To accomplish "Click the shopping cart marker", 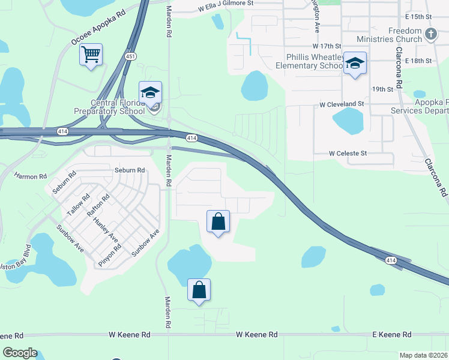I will tap(91, 55).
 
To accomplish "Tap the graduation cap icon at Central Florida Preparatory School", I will tap(150, 93).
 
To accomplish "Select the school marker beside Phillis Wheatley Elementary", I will tap(355, 63).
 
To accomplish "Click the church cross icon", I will tap(430, 34).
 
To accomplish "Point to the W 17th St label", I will tap(327, 46).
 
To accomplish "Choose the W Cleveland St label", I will tap(342, 104).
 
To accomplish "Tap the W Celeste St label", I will tap(348, 154).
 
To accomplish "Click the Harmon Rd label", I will tap(30, 176).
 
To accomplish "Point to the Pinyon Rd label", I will tap(114, 254).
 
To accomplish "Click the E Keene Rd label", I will tap(392, 334).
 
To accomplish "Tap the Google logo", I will tap(20, 353).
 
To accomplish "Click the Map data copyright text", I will tap(423, 355).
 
